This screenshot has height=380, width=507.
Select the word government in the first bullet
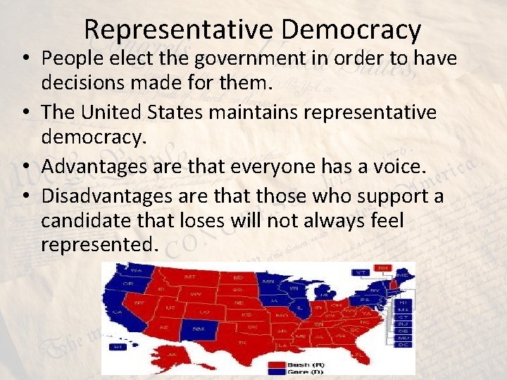pos(233,58)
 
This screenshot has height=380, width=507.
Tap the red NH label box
pos(383,267)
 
